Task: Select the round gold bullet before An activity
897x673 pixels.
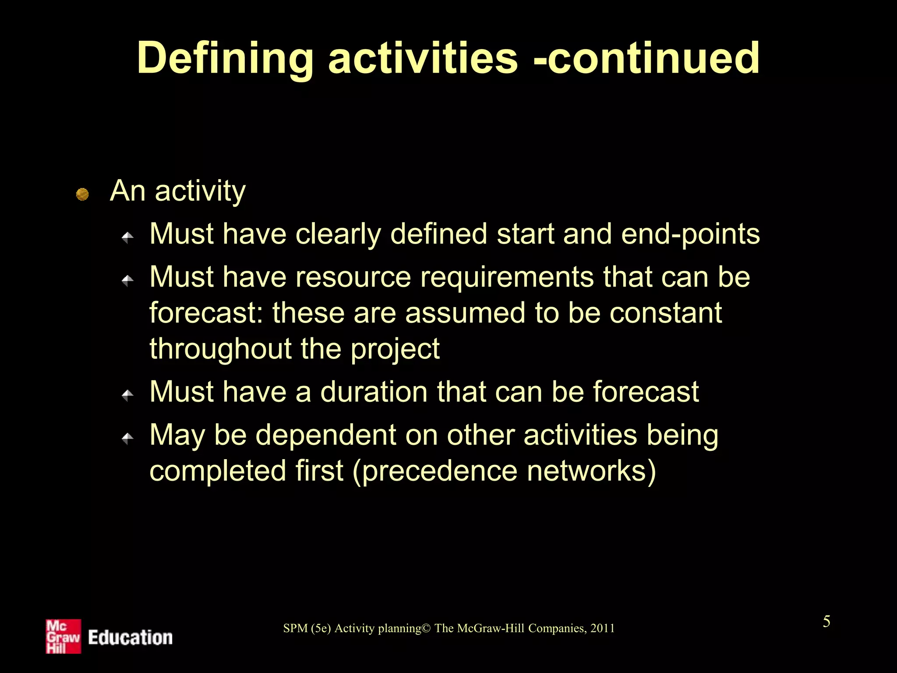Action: click(x=82, y=194)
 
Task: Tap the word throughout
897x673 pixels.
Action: click(x=220, y=350)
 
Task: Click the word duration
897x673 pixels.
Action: click(x=374, y=392)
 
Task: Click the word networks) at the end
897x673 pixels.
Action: click(x=591, y=471)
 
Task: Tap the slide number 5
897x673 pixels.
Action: click(x=826, y=622)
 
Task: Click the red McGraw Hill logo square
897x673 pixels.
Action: click(x=64, y=636)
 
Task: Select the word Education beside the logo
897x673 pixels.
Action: click(x=130, y=638)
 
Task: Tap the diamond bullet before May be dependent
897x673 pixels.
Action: click(x=127, y=438)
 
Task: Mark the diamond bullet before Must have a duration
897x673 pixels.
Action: click(x=127, y=395)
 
